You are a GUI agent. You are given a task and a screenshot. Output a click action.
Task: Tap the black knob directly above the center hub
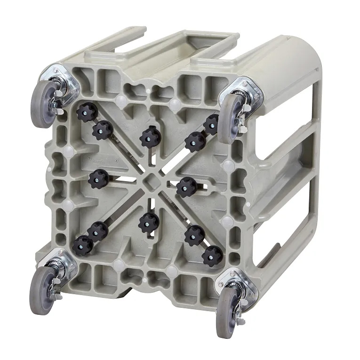(x=150, y=136)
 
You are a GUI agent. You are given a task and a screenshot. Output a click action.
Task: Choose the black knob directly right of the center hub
(x=186, y=187)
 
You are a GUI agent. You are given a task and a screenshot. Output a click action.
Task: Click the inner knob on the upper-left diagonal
(x=102, y=130)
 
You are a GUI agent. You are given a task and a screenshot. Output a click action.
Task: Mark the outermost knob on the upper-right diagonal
(x=212, y=124)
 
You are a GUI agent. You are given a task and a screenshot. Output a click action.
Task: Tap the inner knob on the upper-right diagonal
(x=194, y=141)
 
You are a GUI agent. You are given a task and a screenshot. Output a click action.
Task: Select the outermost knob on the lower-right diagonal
(x=212, y=256)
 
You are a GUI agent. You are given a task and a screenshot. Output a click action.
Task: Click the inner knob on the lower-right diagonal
(x=194, y=235)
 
